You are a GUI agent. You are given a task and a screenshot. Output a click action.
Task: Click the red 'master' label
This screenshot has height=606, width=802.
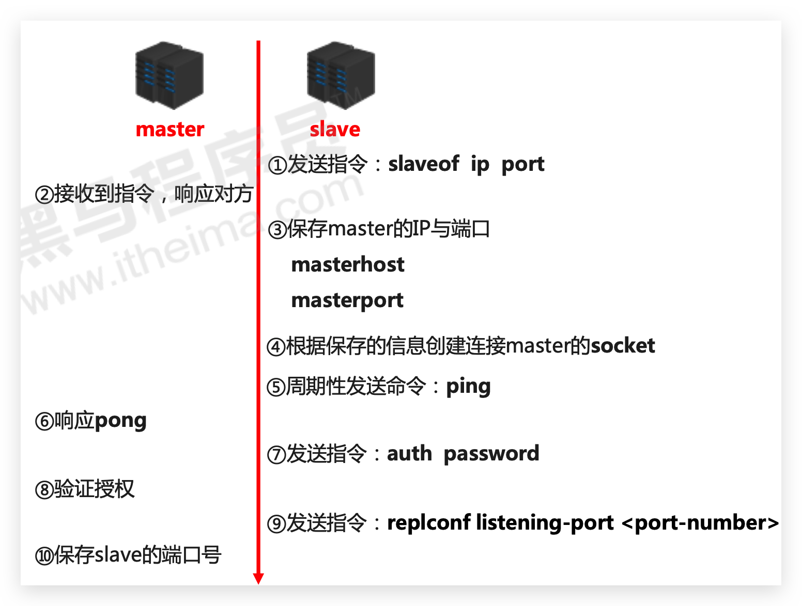[x=169, y=129]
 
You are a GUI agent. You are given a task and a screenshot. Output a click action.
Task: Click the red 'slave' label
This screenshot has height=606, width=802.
[x=335, y=129]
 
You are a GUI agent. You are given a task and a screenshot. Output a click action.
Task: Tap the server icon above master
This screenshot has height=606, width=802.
[x=169, y=75]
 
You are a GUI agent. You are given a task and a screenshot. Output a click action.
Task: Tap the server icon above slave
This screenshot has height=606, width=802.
[x=341, y=75]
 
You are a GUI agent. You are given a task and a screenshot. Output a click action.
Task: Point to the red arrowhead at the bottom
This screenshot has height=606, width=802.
[x=258, y=578]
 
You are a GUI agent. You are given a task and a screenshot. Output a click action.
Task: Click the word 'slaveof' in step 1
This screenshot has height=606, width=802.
[x=423, y=164]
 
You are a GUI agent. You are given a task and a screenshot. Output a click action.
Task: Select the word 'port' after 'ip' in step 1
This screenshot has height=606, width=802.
[x=522, y=165]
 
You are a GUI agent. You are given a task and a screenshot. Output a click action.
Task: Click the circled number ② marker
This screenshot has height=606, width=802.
[x=44, y=195]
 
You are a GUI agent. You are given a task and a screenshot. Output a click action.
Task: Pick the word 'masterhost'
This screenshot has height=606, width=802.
[x=348, y=265]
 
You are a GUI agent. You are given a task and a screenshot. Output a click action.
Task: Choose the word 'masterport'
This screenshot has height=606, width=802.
[x=347, y=300]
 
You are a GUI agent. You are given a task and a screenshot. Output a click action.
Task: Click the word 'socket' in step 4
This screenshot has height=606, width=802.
[x=623, y=346]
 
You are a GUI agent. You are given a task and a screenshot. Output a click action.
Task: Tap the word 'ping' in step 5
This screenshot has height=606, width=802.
[x=468, y=387]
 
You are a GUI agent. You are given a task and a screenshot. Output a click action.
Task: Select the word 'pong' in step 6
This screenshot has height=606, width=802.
[x=120, y=421]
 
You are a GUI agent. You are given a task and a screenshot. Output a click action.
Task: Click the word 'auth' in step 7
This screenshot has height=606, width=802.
[x=409, y=454]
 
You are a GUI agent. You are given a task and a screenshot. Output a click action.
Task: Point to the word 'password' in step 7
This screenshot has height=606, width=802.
[x=491, y=454]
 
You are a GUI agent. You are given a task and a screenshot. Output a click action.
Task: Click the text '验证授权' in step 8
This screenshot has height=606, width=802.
[x=94, y=489]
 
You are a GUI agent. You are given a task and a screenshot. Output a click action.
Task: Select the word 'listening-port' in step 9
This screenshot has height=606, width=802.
[x=545, y=523]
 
